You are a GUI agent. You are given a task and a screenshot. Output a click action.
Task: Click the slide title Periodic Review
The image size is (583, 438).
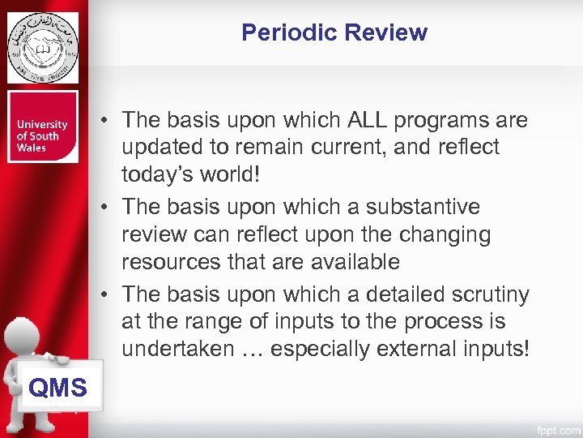(334, 33)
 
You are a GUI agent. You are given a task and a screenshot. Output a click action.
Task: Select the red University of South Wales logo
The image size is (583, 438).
(43, 127)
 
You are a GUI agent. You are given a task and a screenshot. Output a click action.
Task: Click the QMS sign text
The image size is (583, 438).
(57, 388)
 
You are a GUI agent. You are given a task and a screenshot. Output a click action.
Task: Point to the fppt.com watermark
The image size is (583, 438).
(557, 427)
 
